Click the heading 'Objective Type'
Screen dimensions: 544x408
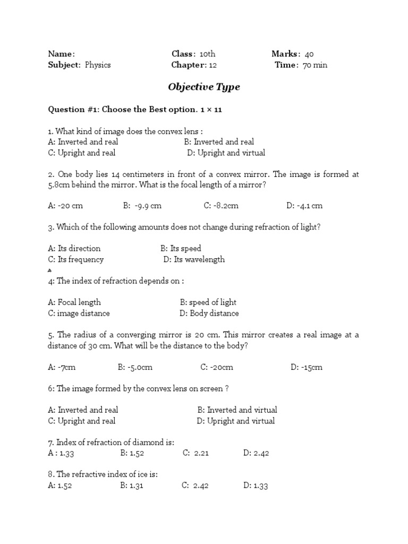(204, 87)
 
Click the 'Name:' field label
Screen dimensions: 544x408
(62, 54)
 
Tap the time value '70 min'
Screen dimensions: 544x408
(315, 65)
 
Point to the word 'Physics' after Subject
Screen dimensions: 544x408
(98, 65)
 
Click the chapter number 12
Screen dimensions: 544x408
(213, 65)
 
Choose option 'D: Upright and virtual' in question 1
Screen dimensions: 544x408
(226, 153)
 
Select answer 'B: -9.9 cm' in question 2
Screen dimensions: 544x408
(142, 206)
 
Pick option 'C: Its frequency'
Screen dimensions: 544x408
(75, 260)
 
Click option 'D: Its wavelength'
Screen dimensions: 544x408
(194, 260)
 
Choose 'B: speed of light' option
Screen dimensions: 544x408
(208, 302)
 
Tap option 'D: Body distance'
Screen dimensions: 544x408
(209, 313)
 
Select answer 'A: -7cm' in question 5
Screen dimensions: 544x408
(62, 367)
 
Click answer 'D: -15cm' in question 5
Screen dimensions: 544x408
(307, 367)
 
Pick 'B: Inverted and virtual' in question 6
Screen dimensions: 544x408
(237, 410)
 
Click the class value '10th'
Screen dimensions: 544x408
(207, 54)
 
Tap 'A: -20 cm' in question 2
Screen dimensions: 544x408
(65, 206)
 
